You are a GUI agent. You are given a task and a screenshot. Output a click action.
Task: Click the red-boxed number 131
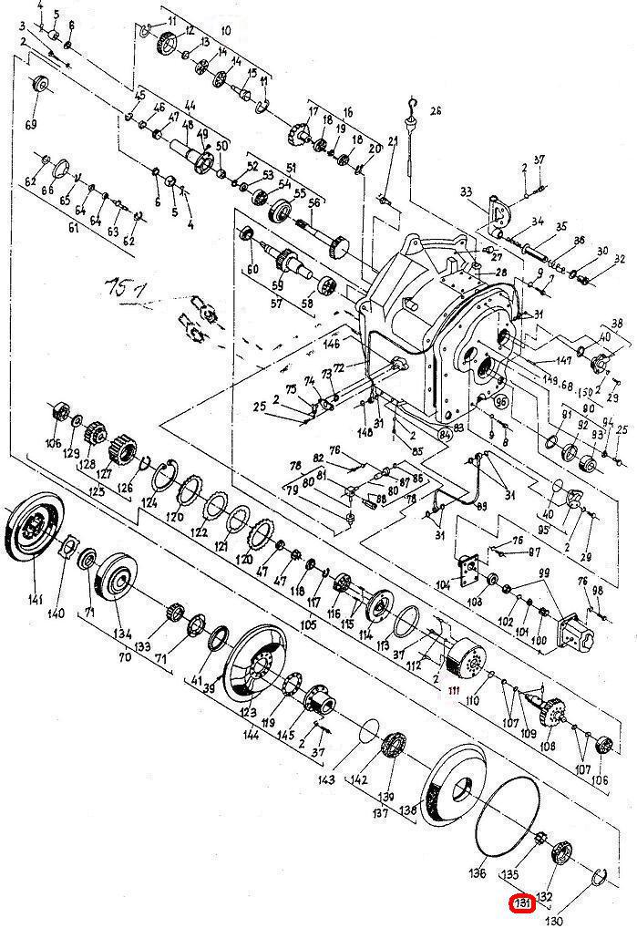[522, 903]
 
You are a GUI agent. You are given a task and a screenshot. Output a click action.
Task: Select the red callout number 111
[454, 690]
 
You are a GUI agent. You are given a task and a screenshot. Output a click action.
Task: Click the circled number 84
[445, 434]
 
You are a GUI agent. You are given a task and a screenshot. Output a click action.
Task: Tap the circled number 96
[499, 400]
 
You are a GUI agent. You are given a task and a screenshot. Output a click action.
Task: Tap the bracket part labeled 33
[498, 211]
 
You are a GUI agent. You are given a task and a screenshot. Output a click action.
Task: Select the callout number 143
[326, 780]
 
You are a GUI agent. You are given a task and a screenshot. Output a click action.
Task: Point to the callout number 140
[57, 613]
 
